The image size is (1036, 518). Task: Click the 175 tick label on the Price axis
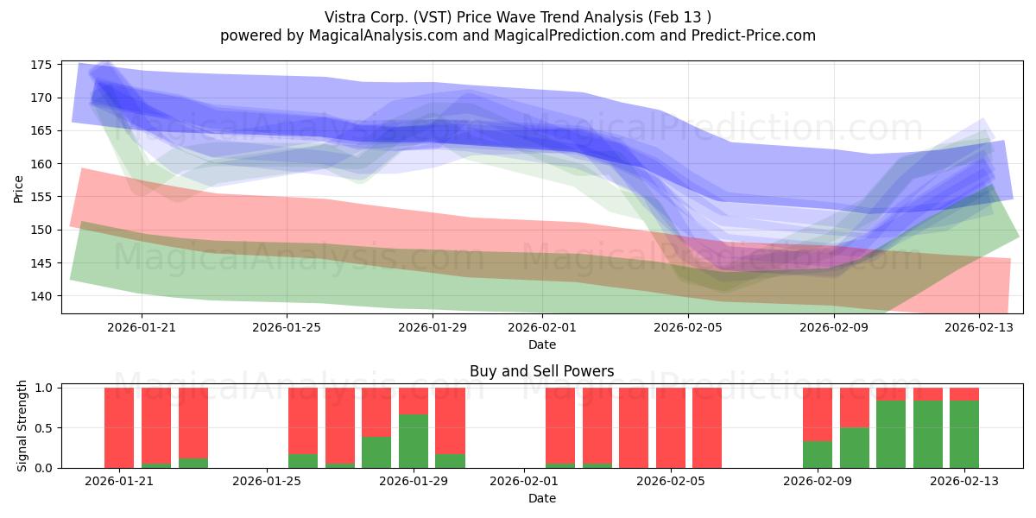41,65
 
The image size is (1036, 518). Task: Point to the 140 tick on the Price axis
41,296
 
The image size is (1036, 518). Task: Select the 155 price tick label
41,197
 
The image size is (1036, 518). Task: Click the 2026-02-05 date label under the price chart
688,327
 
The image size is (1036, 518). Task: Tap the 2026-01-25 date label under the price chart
287,327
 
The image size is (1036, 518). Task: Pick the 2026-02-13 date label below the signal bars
964,482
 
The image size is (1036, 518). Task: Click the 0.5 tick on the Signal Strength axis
43,428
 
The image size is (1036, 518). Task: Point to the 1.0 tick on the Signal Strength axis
43,388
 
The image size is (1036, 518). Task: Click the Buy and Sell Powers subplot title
542,371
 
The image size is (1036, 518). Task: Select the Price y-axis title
18,189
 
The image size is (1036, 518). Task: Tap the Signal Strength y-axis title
22,426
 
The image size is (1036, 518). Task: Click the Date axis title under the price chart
542,344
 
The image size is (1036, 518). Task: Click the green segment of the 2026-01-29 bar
414,441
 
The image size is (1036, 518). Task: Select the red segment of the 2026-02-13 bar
964,394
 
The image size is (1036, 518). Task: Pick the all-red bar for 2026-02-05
707,428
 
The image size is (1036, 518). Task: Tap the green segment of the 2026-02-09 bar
818,455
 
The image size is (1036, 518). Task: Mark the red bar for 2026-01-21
119,428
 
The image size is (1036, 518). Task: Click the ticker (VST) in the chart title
432,17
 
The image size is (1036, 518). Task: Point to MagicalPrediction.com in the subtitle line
574,35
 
